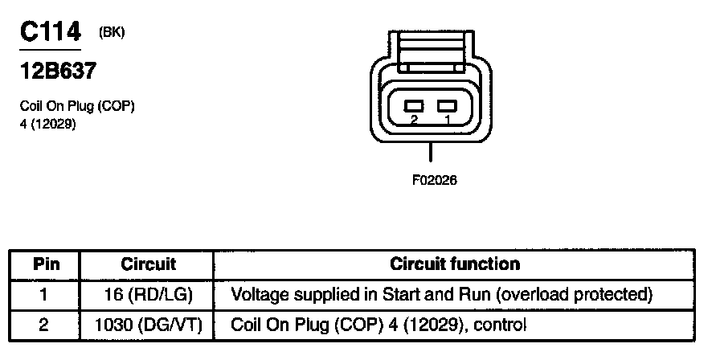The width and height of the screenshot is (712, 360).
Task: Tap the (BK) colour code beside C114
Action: (x=112, y=32)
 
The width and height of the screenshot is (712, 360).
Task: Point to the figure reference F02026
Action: (x=434, y=180)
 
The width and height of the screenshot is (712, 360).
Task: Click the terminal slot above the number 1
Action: (x=446, y=105)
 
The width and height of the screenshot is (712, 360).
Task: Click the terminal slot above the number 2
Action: (x=415, y=105)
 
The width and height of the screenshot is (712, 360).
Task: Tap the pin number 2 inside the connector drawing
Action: (x=414, y=119)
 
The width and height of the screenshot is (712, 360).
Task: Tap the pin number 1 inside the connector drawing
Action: (x=447, y=119)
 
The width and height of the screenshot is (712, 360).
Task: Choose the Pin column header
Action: (x=43, y=264)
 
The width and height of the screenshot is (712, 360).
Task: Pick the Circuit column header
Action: (x=148, y=264)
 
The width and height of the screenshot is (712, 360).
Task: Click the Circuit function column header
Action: (x=454, y=264)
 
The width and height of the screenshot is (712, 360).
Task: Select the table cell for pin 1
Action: (x=43, y=294)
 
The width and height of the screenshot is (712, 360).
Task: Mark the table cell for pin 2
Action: (x=43, y=325)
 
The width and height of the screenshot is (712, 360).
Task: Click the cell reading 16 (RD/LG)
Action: (x=148, y=294)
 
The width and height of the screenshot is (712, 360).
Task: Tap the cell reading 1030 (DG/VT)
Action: (x=148, y=325)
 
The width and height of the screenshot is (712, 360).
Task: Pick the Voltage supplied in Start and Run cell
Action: (x=440, y=294)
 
